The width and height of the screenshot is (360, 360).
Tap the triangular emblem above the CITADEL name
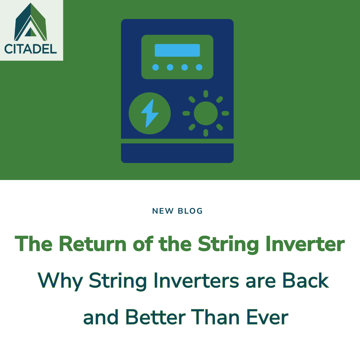coord(30,23)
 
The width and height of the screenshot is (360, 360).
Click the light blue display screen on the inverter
coord(177,50)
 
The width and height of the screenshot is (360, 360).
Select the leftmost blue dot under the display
coord(156,67)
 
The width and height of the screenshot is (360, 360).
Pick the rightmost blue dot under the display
coord(199,67)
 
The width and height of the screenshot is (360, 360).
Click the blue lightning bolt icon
coord(149,113)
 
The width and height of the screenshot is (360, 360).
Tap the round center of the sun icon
coord(206,113)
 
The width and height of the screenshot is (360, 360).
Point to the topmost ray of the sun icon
coord(206,94)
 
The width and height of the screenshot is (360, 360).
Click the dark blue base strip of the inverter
coord(177,153)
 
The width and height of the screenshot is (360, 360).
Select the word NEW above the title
coord(163,211)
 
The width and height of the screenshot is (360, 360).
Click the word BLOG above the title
coord(190,211)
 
